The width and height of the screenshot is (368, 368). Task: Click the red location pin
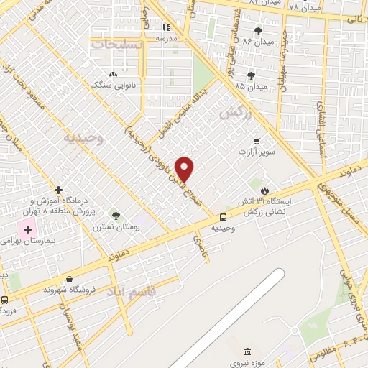click(185, 169)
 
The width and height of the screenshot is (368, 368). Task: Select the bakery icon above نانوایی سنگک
click(112, 74)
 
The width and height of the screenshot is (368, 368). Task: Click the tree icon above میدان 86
click(258, 31)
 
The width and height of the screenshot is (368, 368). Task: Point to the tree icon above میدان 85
click(251, 75)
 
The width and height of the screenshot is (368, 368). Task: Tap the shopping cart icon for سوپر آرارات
click(257, 142)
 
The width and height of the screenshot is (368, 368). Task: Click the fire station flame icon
click(265, 190)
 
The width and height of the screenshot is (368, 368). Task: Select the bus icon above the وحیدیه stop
click(223, 216)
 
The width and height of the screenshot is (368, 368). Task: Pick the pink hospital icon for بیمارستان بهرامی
click(28, 231)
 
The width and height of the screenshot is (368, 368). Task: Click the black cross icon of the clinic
click(58, 190)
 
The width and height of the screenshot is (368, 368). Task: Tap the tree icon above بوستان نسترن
click(116, 215)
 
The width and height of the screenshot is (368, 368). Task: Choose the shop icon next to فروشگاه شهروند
click(69, 280)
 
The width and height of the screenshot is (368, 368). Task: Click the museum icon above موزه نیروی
click(248, 351)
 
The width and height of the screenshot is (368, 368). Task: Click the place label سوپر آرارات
click(257, 154)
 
